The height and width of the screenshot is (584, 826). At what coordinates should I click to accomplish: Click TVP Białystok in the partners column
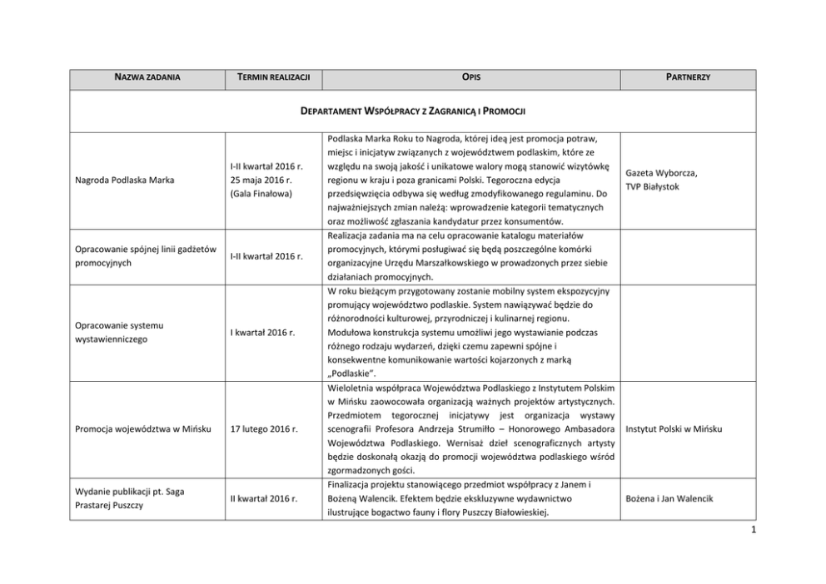(x=657, y=187)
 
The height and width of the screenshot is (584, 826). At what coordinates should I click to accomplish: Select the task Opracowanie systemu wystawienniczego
(x=122, y=332)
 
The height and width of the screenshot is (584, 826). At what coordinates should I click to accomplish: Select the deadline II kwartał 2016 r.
(x=265, y=498)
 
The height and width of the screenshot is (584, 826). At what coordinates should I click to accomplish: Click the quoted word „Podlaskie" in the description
(x=346, y=374)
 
